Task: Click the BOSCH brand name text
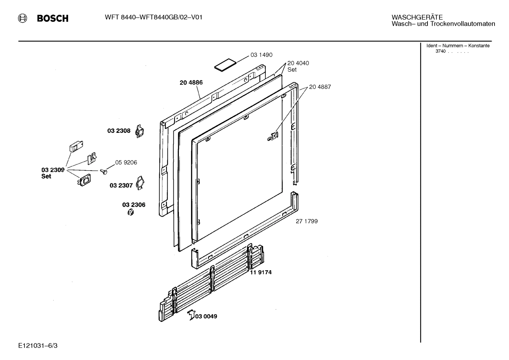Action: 53,18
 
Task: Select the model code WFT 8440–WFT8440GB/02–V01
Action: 154,17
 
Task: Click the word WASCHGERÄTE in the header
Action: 417,17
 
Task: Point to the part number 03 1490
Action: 261,55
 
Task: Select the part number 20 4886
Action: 191,83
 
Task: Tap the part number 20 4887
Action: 320,87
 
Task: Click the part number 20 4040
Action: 298,63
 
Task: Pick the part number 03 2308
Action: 119,131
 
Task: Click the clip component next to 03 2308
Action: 140,131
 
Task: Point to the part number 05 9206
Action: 126,163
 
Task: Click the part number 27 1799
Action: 306,221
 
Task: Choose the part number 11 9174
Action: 261,272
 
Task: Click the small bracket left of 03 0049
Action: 191,314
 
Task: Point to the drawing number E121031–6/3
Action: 38,345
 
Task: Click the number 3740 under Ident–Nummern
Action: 441,51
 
